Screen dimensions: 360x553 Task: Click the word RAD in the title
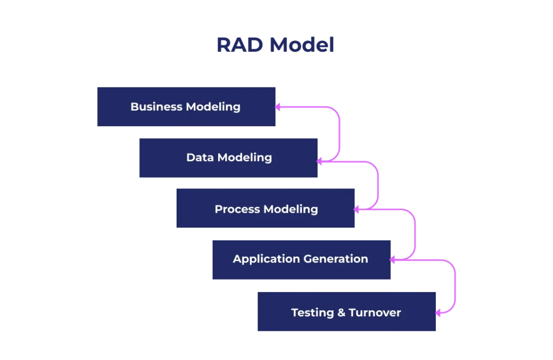240,45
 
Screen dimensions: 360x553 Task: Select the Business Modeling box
186,107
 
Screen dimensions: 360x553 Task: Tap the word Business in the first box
156,107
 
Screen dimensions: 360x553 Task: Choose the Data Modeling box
228,158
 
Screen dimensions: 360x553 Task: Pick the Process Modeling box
266,208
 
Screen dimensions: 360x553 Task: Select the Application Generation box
301,259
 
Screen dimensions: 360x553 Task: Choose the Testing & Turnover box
346,311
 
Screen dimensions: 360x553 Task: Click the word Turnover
375,313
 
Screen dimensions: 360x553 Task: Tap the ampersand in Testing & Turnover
342,313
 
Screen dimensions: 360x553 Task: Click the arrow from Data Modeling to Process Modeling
379,184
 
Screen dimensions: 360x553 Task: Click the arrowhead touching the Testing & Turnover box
439,313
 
